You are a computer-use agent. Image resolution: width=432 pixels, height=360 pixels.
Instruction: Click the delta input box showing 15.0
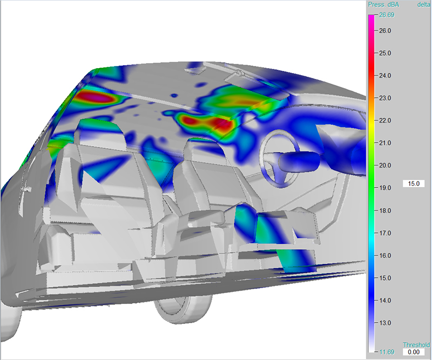click(x=414, y=184)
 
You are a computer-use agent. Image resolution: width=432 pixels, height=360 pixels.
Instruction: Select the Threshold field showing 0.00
click(x=414, y=352)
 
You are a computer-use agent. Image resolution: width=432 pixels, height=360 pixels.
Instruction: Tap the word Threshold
click(x=416, y=345)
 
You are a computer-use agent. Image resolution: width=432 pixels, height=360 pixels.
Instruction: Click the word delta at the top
click(x=423, y=5)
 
